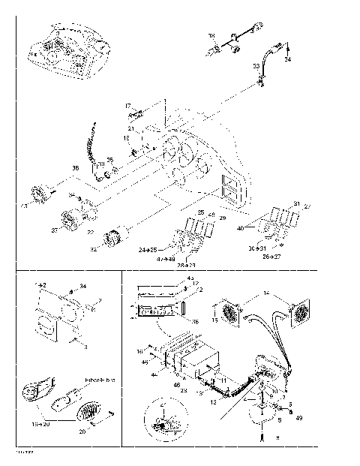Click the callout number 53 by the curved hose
pyautogui.click(x=256, y=66)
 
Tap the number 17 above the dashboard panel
pyautogui.click(x=127, y=107)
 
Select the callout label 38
pyautogui.click(x=75, y=167)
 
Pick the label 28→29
pyautogui.click(x=186, y=265)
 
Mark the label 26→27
pyautogui.click(x=272, y=256)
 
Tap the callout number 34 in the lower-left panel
pyautogui.click(x=83, y=286)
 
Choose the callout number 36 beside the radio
pyautogui.click(x=196, y=320)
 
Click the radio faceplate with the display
pyautogui.click(x=160, y=311)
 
